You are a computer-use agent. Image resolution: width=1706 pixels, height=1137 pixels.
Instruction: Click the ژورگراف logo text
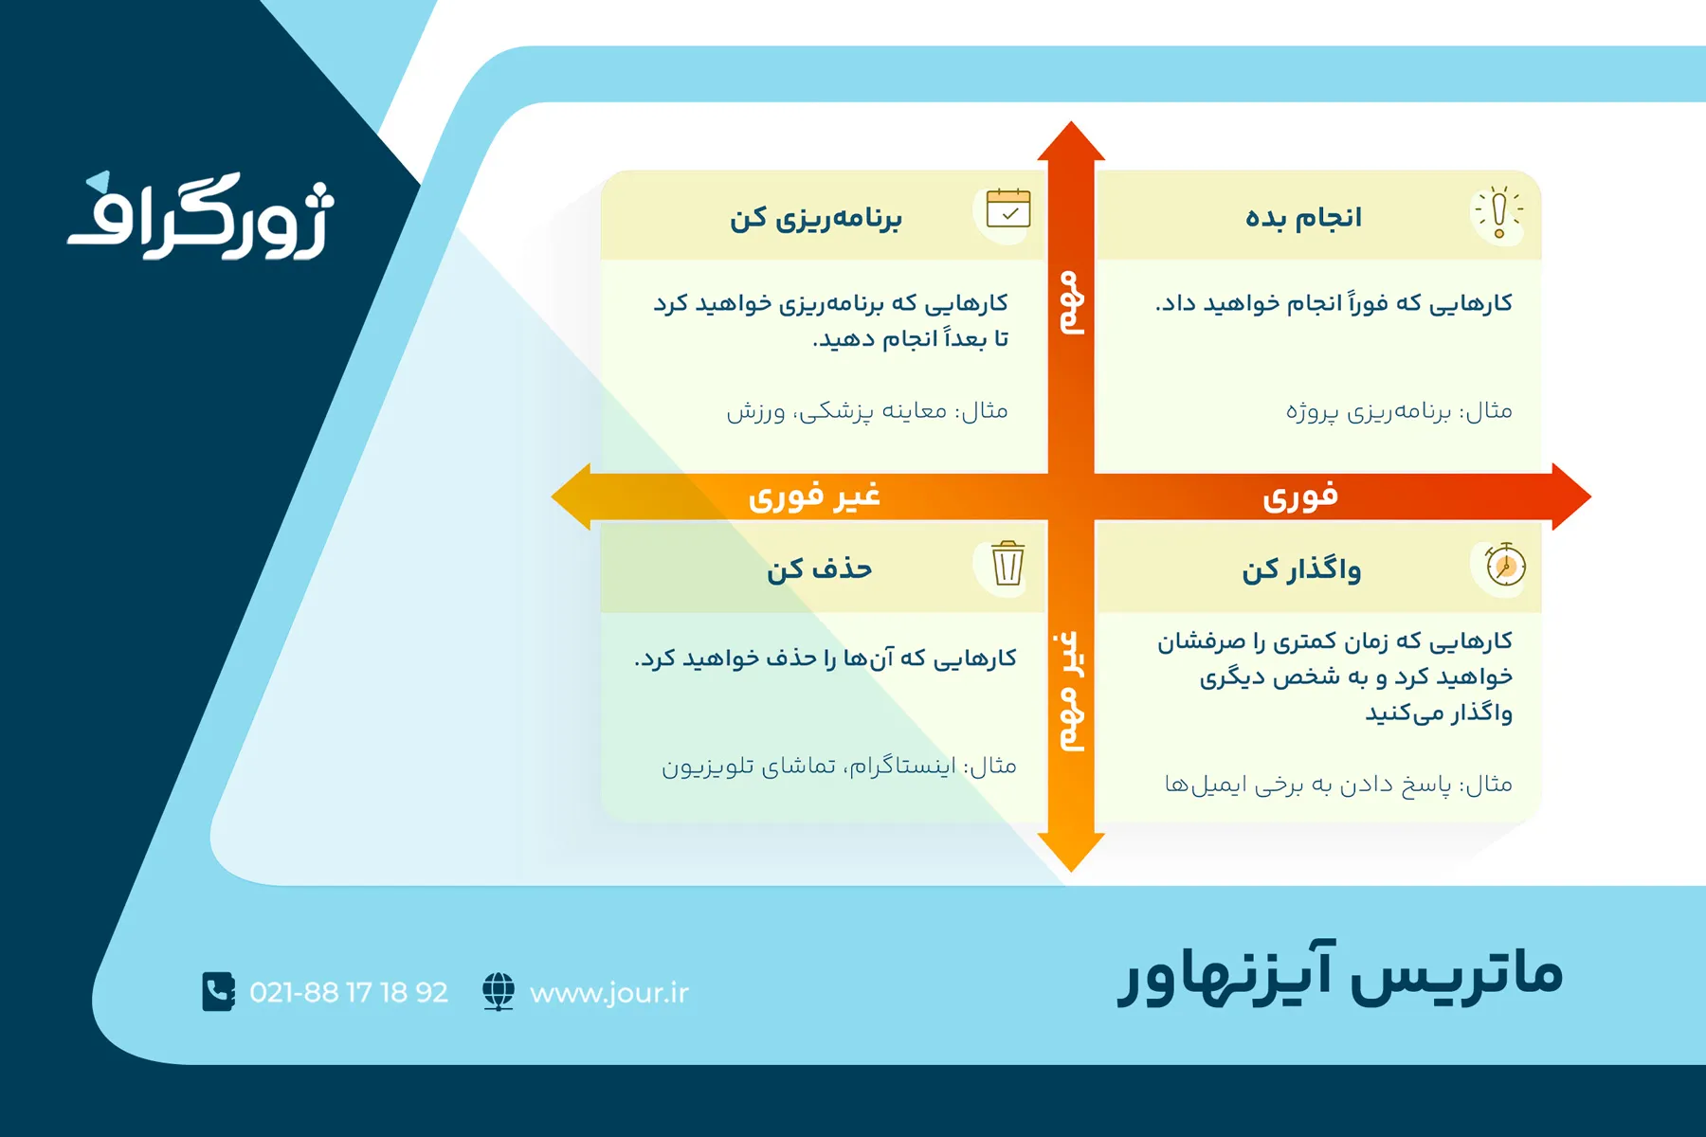tap(201, 216)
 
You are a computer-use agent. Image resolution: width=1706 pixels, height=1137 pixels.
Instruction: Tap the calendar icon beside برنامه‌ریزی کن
tap(1007, 208)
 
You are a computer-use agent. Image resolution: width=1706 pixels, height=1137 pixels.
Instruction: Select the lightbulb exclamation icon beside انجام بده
tap(1498, 211)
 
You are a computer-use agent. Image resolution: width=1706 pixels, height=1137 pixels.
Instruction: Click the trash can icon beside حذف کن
tap(1007, 564)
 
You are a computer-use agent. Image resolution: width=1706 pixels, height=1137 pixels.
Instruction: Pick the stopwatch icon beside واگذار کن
tap(1505, 565)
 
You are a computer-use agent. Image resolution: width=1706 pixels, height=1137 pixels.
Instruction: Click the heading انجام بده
tap(1303, 218)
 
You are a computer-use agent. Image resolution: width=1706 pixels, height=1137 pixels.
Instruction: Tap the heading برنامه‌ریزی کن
tap(816, 219)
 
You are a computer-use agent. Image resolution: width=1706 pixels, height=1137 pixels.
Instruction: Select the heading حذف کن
tap(820, 568)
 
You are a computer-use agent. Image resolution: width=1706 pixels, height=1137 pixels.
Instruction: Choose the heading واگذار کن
tap(1301, 569)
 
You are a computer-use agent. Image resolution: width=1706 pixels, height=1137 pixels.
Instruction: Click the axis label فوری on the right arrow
tap(1300, 496)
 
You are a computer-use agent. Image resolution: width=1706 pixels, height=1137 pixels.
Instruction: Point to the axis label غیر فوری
tap(814, 496)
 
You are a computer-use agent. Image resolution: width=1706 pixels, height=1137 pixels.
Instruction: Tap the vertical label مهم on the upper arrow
tap(1071, 302)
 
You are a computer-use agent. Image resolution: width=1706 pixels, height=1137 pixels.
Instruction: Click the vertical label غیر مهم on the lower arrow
tap(1071, 691)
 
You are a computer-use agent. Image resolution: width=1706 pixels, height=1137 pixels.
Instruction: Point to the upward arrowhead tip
tap(1071, 121)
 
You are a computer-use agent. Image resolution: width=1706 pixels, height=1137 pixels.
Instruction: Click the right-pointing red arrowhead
tap(1572, 496)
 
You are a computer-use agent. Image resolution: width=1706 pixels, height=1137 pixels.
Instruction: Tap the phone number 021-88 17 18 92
tap(349, 992)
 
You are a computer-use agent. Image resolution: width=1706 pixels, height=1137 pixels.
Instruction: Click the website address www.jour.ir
tap(609, 993)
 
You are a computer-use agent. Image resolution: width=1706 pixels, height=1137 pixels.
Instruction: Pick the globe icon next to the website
tap(499, 992)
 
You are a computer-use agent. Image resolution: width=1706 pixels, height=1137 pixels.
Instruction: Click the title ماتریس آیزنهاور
tap(1340, 973)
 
